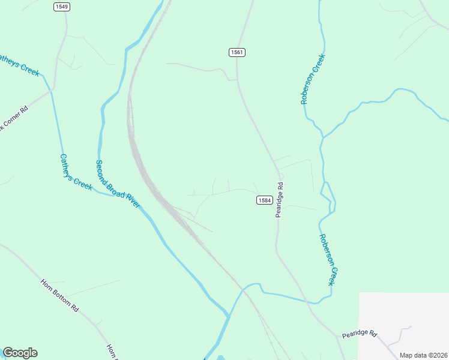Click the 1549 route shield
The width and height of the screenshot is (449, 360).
click(x=61, y=7)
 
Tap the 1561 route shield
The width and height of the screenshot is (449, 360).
click(x=237, y=53)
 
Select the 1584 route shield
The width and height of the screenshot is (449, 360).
click(x=265, y=200)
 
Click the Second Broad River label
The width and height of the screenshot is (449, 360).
click(x=118, y=184)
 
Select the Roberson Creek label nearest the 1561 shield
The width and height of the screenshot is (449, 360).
click(x=313, y=80)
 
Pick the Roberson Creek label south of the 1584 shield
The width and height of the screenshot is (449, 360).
click(x=328, y=259)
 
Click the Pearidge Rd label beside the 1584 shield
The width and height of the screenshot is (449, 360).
click(x=279, y=200)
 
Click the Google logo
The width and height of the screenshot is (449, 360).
click(x=20, y=353)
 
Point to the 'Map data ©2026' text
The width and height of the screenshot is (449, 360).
click(x=423, y=355)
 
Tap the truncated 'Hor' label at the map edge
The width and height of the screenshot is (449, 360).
click(x=110, y=352)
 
